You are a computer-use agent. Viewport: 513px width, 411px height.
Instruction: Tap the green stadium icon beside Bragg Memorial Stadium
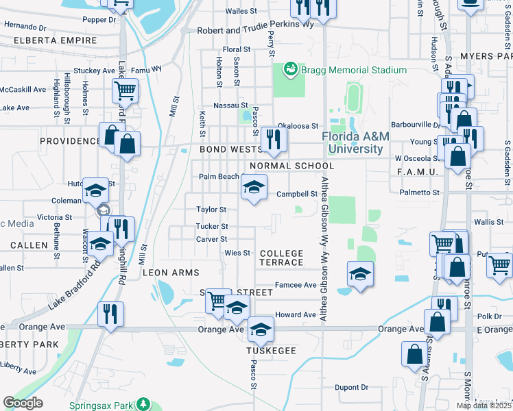(291, 69)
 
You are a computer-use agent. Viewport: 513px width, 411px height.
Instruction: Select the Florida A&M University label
(355, 142)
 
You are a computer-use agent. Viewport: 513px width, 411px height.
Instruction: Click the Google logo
(23, 403)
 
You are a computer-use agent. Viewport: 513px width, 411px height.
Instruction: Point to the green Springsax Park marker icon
(143, 404)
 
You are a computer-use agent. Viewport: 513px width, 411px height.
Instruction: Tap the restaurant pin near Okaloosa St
(274, 139)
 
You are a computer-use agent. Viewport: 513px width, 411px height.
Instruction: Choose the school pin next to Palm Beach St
(253, 186)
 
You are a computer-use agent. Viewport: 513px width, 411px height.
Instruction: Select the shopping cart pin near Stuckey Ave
(125, 89)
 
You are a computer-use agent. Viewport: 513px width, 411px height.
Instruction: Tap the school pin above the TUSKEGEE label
(260, 332)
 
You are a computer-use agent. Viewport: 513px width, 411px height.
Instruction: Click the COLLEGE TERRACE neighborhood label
(281, 258)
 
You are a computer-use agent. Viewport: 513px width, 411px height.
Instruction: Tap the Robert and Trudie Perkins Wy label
(255, 31)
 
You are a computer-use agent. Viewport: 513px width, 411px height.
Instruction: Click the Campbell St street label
(296, 194)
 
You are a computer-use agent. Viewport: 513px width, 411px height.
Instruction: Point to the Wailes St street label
(241, 12)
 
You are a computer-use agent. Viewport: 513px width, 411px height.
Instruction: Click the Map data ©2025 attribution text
(484, 406)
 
